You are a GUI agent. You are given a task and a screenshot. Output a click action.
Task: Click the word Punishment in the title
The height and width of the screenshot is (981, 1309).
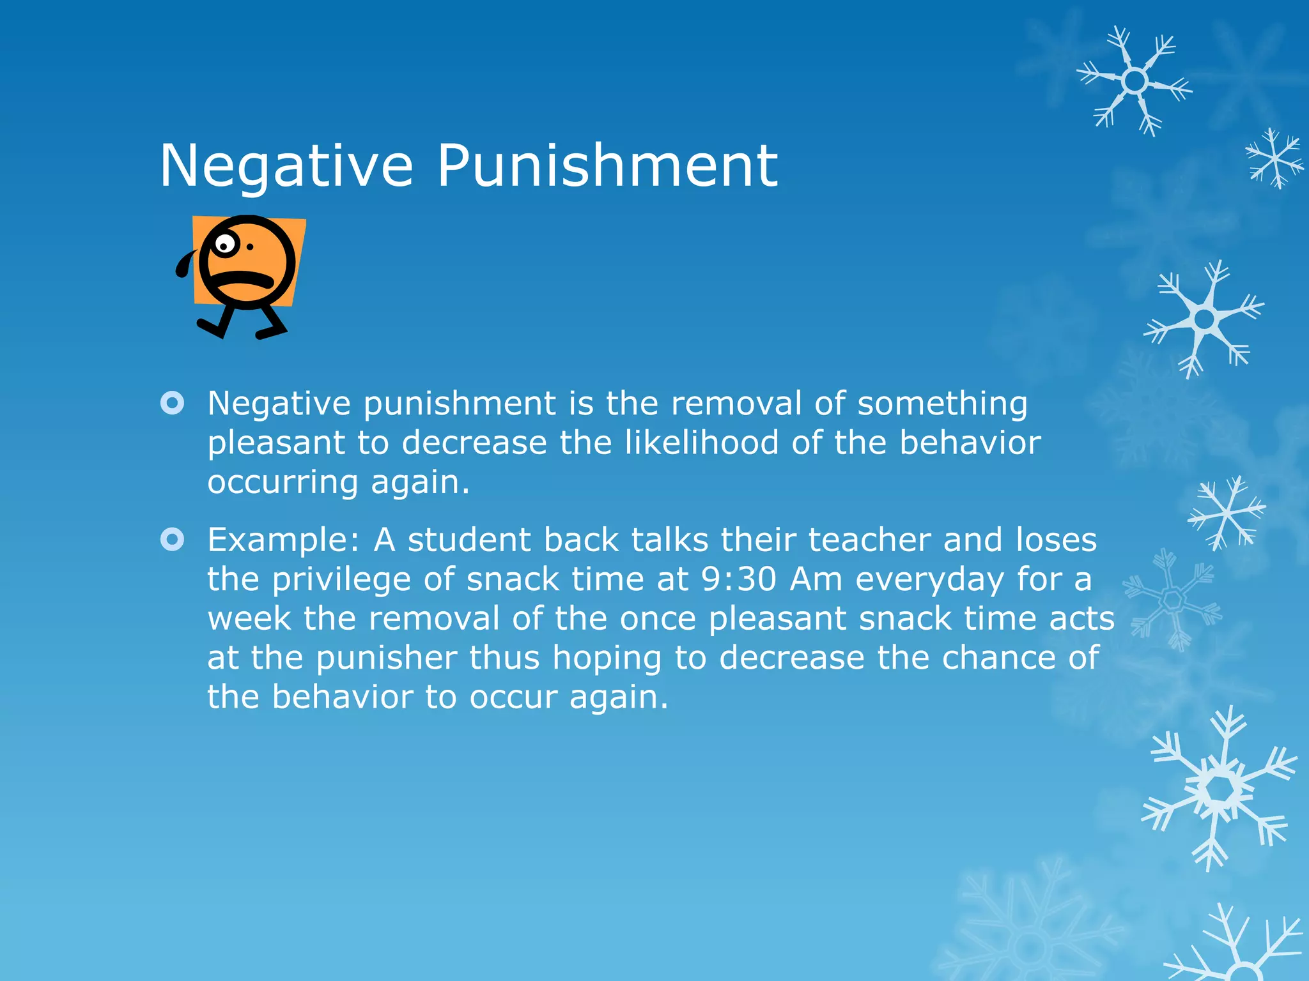click(x=607, y=166)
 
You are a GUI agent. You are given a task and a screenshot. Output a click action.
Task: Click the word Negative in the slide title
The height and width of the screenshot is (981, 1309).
click(x=286, y=166)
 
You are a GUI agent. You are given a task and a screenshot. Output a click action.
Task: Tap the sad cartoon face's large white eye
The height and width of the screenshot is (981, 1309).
click(x=224, y=244)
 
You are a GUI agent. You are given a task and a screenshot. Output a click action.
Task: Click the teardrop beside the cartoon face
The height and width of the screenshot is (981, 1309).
click(x=186, y=264)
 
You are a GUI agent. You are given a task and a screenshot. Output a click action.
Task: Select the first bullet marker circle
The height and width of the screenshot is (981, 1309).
click(x=173, y=403)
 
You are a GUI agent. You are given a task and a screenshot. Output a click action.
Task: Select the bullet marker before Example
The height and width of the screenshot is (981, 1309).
click(x=173, y=540)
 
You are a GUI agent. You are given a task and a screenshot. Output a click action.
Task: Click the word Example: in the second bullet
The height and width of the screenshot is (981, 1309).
click(x=284, y=540)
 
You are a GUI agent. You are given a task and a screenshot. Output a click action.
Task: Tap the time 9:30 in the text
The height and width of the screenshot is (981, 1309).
click(x=739, y=579)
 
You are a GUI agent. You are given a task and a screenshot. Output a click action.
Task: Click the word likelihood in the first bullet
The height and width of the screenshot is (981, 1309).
click(x=701, y=443)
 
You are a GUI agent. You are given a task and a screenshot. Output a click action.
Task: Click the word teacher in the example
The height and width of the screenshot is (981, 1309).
click(x=869, y=540)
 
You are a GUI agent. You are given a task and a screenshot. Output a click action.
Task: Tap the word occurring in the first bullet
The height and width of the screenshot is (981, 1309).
click(x=283, y=483)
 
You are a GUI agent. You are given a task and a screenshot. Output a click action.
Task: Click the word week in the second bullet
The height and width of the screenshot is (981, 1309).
click(x=249, y=618)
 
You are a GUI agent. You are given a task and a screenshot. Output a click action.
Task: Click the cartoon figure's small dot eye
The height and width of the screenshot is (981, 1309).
click(x=250, y=247)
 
